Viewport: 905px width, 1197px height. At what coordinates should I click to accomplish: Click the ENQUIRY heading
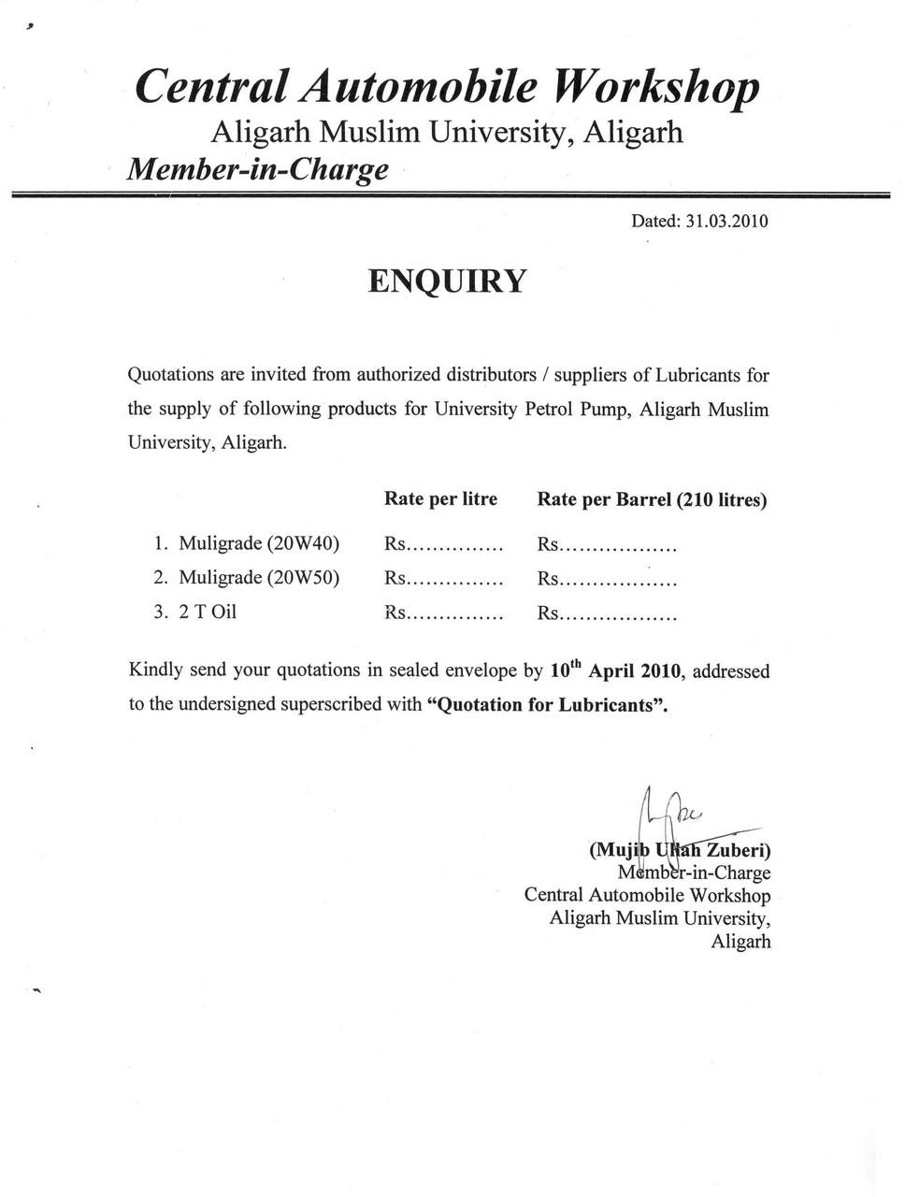pos(448,281)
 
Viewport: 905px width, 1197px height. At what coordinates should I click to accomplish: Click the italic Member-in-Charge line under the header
pos(257,169)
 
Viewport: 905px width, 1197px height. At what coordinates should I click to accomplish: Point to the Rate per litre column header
pos(440,498)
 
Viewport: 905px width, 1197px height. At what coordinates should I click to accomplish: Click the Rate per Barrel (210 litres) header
pos(652,499)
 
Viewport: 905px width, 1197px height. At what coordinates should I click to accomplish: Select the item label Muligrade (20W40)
pos(258,543)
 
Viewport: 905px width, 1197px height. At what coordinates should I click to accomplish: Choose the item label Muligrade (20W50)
pos(258,578)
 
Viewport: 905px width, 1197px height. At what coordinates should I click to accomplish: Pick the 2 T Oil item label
pos(208,613)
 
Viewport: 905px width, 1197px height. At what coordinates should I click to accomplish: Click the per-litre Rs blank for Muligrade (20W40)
pos(444,544)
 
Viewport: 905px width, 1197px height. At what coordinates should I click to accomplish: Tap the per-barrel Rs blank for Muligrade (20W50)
pos(607,580)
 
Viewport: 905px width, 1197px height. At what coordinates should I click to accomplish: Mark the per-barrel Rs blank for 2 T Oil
pos(607,614)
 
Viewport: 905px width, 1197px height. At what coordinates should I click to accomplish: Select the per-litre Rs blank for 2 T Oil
pos(444,614)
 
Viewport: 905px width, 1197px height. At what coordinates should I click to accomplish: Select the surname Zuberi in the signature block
pos(738,850)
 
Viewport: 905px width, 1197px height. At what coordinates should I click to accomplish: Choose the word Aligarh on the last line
pos(740,942)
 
